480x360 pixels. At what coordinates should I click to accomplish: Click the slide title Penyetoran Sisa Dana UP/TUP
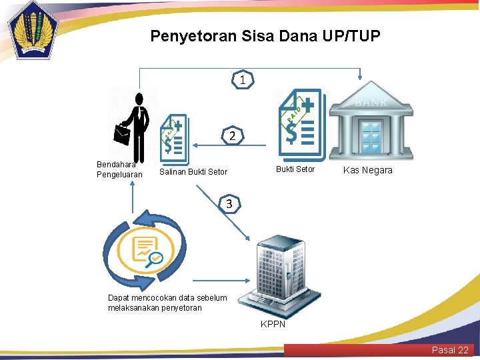click(265, 35)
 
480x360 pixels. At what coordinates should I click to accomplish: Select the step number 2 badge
click(231, 136)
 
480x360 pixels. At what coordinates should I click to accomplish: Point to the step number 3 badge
click(229, 204)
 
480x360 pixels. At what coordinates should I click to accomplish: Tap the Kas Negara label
click(367, 171)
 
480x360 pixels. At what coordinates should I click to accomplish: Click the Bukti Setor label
click(295, 169)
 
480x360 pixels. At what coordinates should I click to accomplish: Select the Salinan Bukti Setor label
click(193, 172)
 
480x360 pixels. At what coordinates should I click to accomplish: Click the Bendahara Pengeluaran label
click(119, 169)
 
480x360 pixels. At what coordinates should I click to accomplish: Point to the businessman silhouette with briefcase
click(137, 127)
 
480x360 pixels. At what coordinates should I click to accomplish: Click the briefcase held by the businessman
click(122, 134)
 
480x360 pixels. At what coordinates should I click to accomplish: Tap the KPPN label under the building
click(273, 324)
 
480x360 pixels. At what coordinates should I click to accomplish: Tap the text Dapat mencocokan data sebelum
click(167, 298)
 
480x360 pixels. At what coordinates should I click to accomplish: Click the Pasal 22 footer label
click(450, 350)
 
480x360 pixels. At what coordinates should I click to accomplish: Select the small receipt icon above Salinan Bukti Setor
click(175, 137)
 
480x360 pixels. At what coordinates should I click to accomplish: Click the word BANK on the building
click(371, 103)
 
